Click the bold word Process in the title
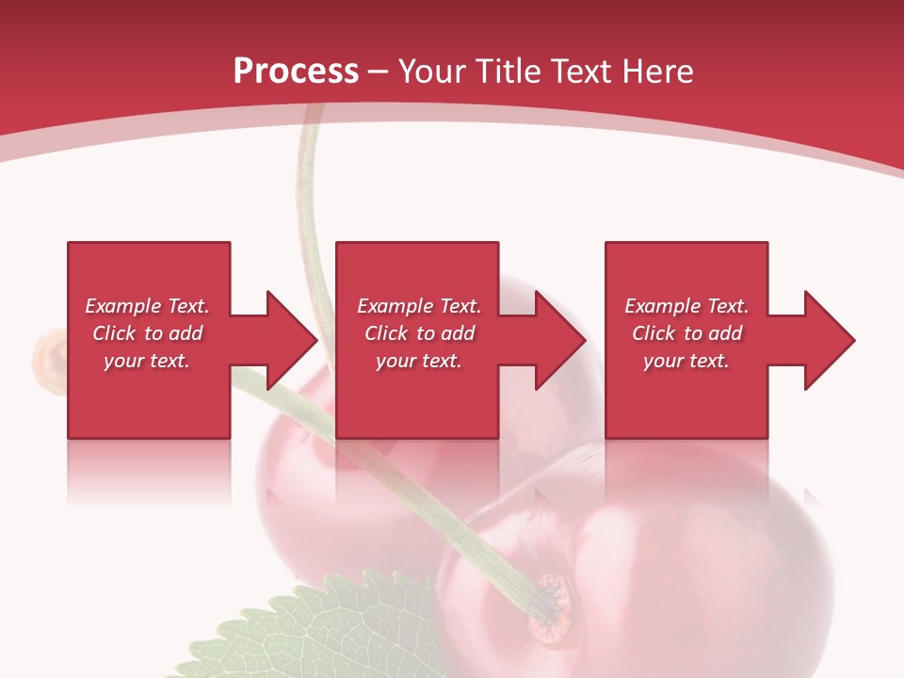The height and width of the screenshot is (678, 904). tap(296, 72)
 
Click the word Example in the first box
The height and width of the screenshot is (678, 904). tap(123, 306)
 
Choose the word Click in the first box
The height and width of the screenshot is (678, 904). tap(115, 333)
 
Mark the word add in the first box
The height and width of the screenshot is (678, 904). tap(186, 333)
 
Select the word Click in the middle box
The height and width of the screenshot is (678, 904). tap(387, 333)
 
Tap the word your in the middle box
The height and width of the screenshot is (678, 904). tap(395, 361)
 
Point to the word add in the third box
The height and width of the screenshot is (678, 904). tap(725, 333)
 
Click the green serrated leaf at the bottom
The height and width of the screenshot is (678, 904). tap(311, 631)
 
